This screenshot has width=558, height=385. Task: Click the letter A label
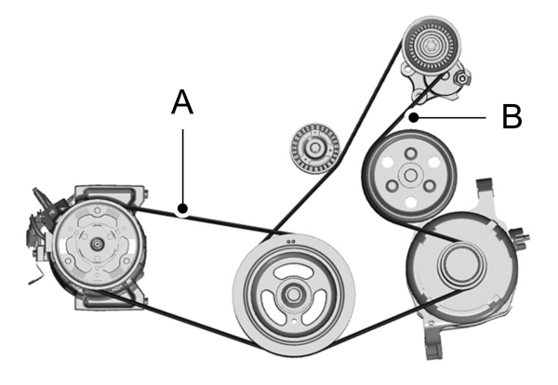click(x=182, y=103)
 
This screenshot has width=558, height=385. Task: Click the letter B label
click(x=511, y=117)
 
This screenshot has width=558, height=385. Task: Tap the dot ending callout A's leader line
click(x=184, y=208)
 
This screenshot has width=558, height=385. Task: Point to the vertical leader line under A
click(x=184, y=167)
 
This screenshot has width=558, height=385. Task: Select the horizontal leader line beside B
click(x=451, y=117)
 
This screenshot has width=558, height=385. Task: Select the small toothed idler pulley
click(x=313, y=147)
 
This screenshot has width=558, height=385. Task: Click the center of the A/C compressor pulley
click(x=96, y=242)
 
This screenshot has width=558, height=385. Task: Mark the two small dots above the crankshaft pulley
click(x=292, y=241)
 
